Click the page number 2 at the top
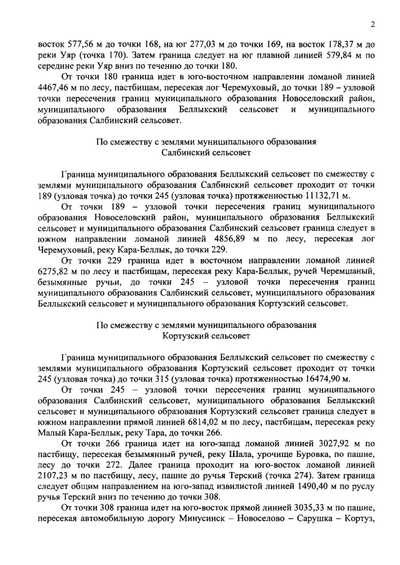372,24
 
